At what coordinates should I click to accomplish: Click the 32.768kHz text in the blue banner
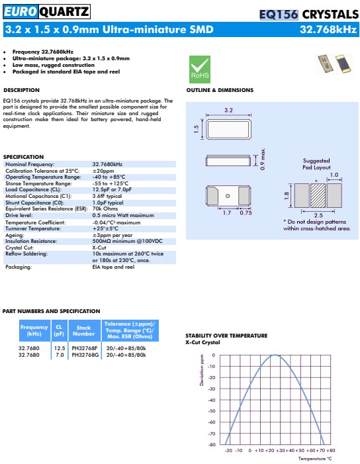[329, 30]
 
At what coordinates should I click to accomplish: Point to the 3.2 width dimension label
[228, 110]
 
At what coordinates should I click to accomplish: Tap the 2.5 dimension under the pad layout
[318, 215]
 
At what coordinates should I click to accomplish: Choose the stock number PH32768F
[85, 348]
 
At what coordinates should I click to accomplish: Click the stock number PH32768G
[85, 354]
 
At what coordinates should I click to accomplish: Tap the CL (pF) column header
[59, 329]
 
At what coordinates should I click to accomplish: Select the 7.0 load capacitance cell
[60, 354]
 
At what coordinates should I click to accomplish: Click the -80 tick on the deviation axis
[212, 444]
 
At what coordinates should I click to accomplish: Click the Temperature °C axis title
[314, 458]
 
